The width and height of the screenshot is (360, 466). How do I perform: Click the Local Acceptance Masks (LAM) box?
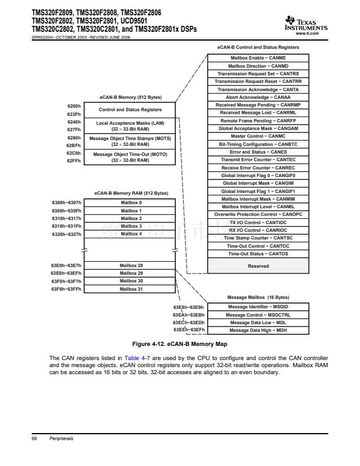[130, 126]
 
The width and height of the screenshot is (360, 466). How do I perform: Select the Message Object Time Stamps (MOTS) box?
[130, 141]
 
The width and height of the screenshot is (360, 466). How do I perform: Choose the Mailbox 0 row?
[131, 203]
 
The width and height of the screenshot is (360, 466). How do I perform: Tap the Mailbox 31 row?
[131, 289]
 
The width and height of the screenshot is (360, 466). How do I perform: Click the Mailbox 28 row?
[131, 265]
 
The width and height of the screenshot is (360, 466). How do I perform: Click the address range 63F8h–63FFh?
[66, 289]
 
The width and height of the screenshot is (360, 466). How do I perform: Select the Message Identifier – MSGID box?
[258, 307]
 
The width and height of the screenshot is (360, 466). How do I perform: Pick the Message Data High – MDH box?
[258, 330]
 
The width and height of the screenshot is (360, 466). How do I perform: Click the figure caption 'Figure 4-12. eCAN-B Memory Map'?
[180, 343]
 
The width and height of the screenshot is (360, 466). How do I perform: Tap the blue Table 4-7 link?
[136, 358]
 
